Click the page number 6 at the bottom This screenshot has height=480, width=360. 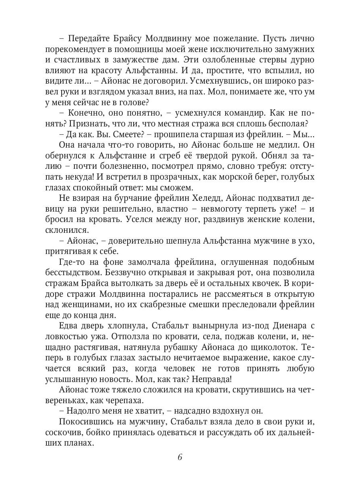[x=180, y=457]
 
